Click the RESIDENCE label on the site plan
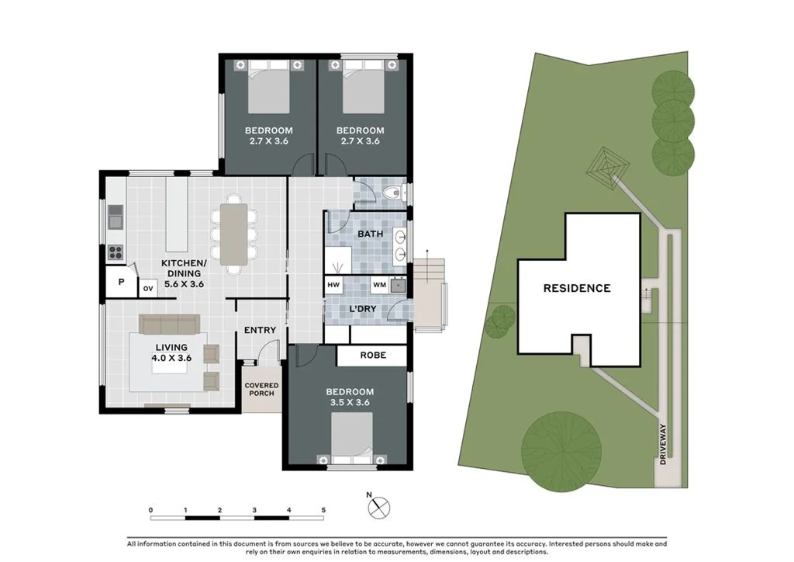click(576, 288)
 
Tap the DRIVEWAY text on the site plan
click(663, 449)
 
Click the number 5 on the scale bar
click(323, 510)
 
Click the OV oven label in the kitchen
click(147, 289)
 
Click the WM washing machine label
click(379, 285)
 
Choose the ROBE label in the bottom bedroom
click(371, 356)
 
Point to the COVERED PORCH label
click(261, 389)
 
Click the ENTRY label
click(260, 330)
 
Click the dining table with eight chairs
click(234, 232)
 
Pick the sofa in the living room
click(169, 324)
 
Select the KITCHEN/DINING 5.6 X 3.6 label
click(182, 273)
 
